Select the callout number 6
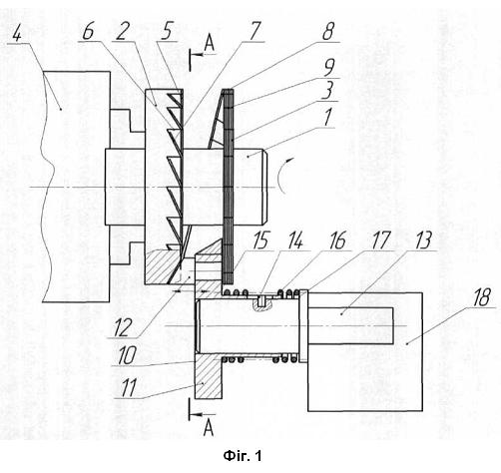click(x=88, y=32)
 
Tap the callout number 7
click(x=255, y=32)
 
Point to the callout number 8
click(x=328, y=32)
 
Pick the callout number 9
click(x=328, y=68)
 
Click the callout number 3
click(x=327, y=91)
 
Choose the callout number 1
click(x=327, y=118)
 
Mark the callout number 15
click(x=260, y=240)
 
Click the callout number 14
click(x=295, y=240)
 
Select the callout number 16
click(x=337, y=240)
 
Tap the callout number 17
click(x=380, y=240)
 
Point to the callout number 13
click(x=423, y=240)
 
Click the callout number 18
click(x=481, y=297)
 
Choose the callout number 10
click(x=127, y=355)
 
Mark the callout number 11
click(x=128, y=387)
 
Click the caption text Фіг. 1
click(x=243, y=455)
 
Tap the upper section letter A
click(x=209, y=44)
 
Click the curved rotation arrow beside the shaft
click(x=280, y=176)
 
